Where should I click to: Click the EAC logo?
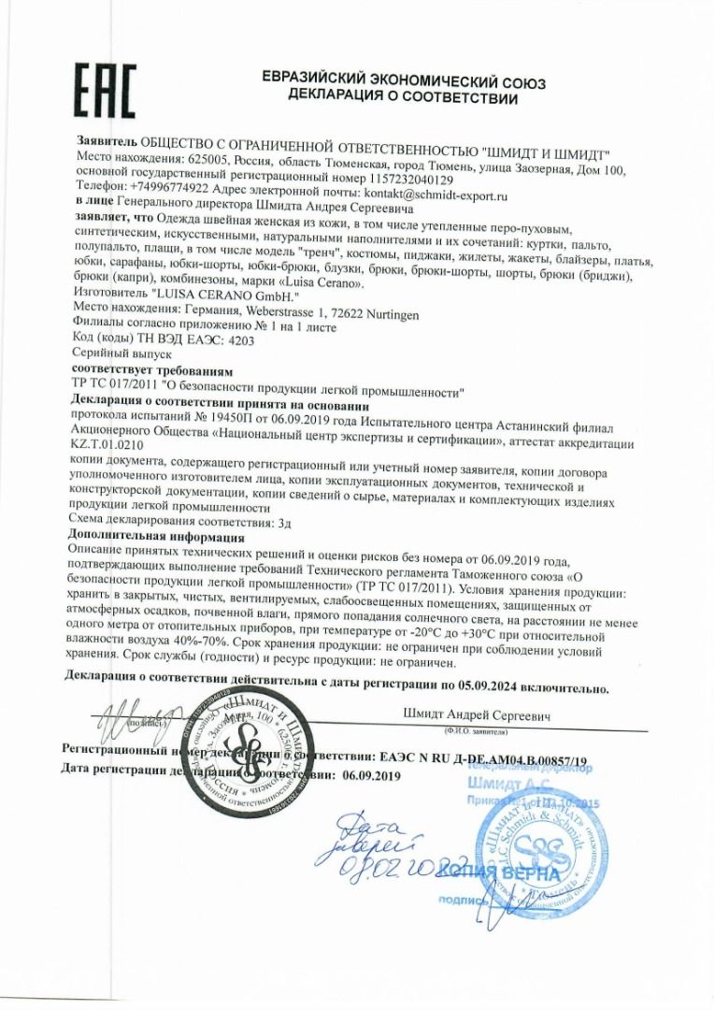[x=107, y=91]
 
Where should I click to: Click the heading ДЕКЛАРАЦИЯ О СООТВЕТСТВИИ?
[x=404, y=95]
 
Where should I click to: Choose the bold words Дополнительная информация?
[x=156, y=538]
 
